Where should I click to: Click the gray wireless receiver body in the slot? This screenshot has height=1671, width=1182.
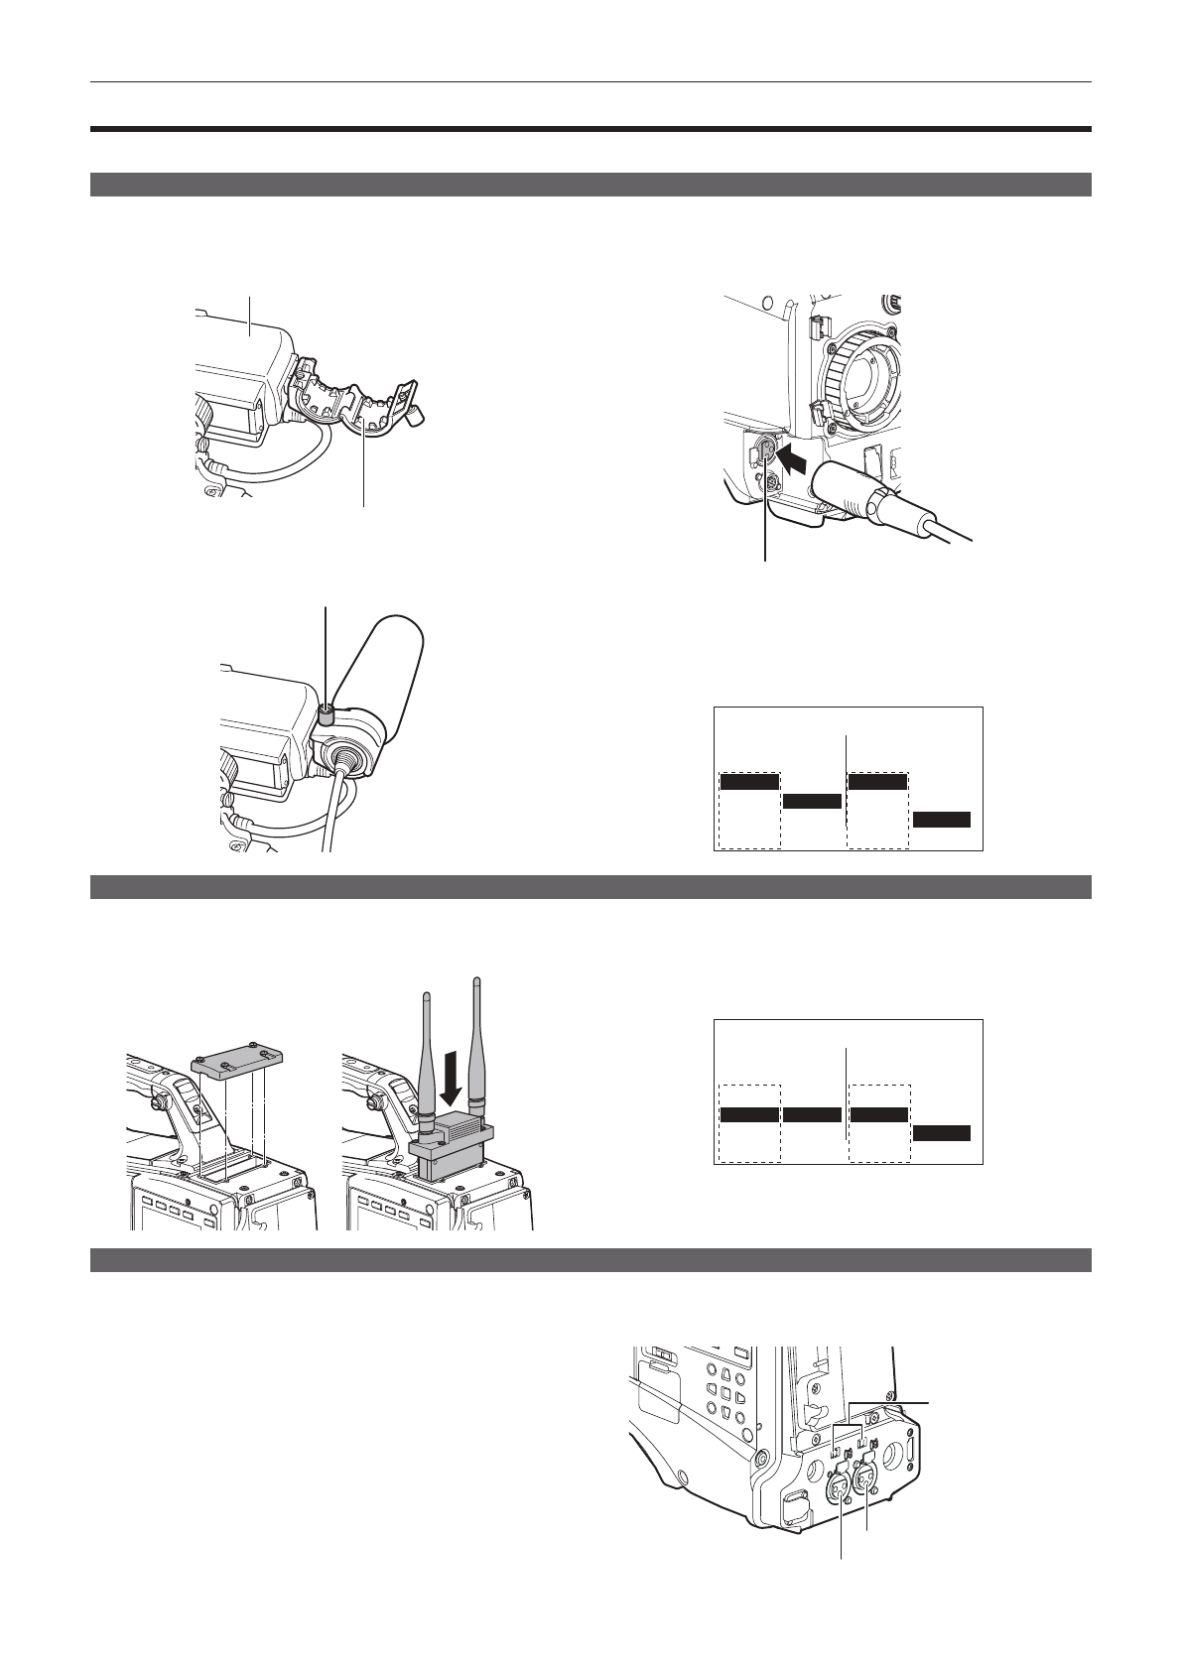click(x=453, y=1141)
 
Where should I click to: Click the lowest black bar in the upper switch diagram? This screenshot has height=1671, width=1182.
click(x=942, y=819)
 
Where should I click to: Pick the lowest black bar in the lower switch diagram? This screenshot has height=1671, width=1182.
click(x=942, y=1133)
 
